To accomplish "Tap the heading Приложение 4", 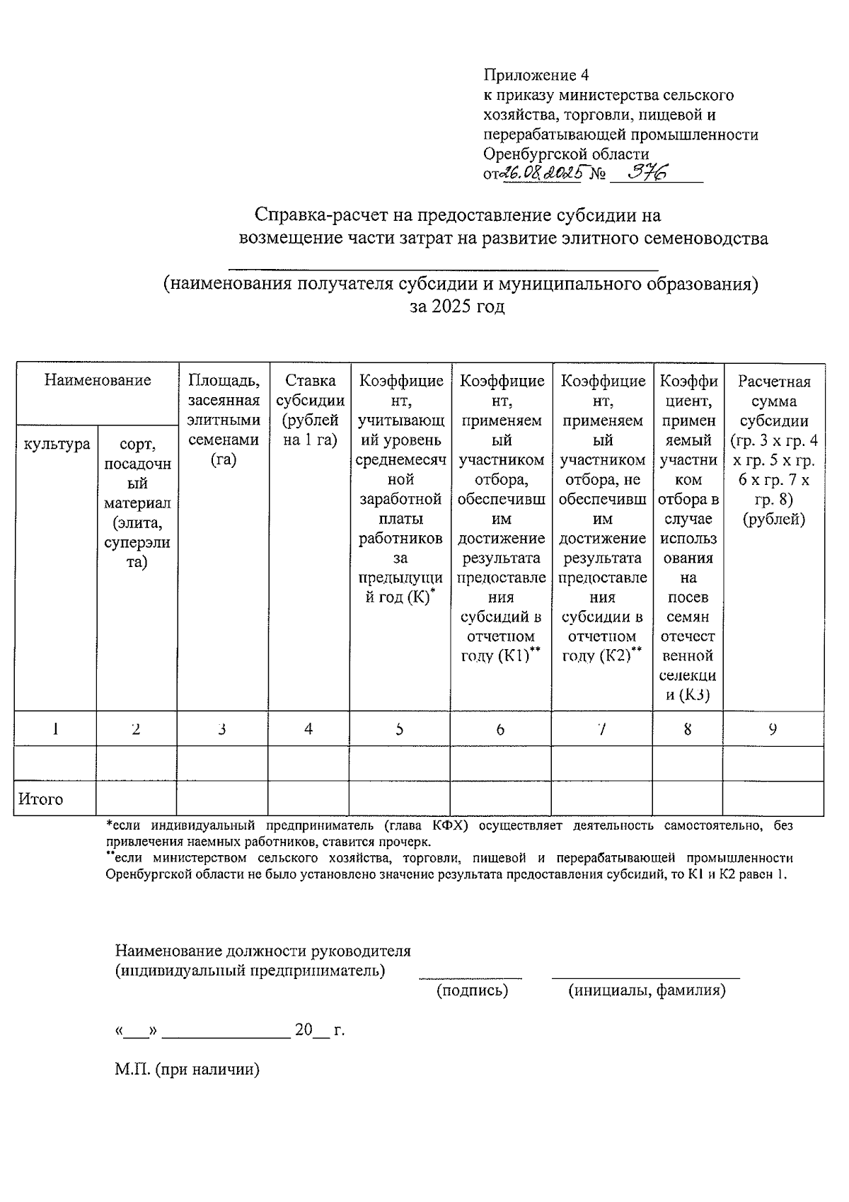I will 536,75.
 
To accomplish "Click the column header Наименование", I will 98,381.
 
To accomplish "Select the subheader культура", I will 57,444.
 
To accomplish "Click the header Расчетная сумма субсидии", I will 773,450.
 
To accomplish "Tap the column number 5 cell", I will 400,728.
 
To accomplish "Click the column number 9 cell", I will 773,728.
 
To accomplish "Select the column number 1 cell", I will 55,728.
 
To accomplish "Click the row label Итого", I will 41,799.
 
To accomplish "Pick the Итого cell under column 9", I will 773,799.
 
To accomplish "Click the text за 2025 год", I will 458,307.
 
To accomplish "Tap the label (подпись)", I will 472,990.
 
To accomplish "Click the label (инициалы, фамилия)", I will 647,990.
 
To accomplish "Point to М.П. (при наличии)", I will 187,1069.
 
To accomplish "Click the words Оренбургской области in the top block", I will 566,154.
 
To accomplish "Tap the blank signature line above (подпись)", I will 470,977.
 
